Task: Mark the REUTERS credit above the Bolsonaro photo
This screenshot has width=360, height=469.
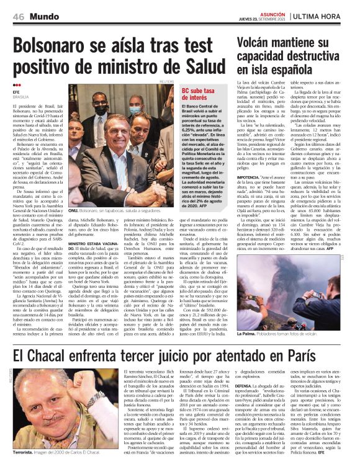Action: coord(166,82)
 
